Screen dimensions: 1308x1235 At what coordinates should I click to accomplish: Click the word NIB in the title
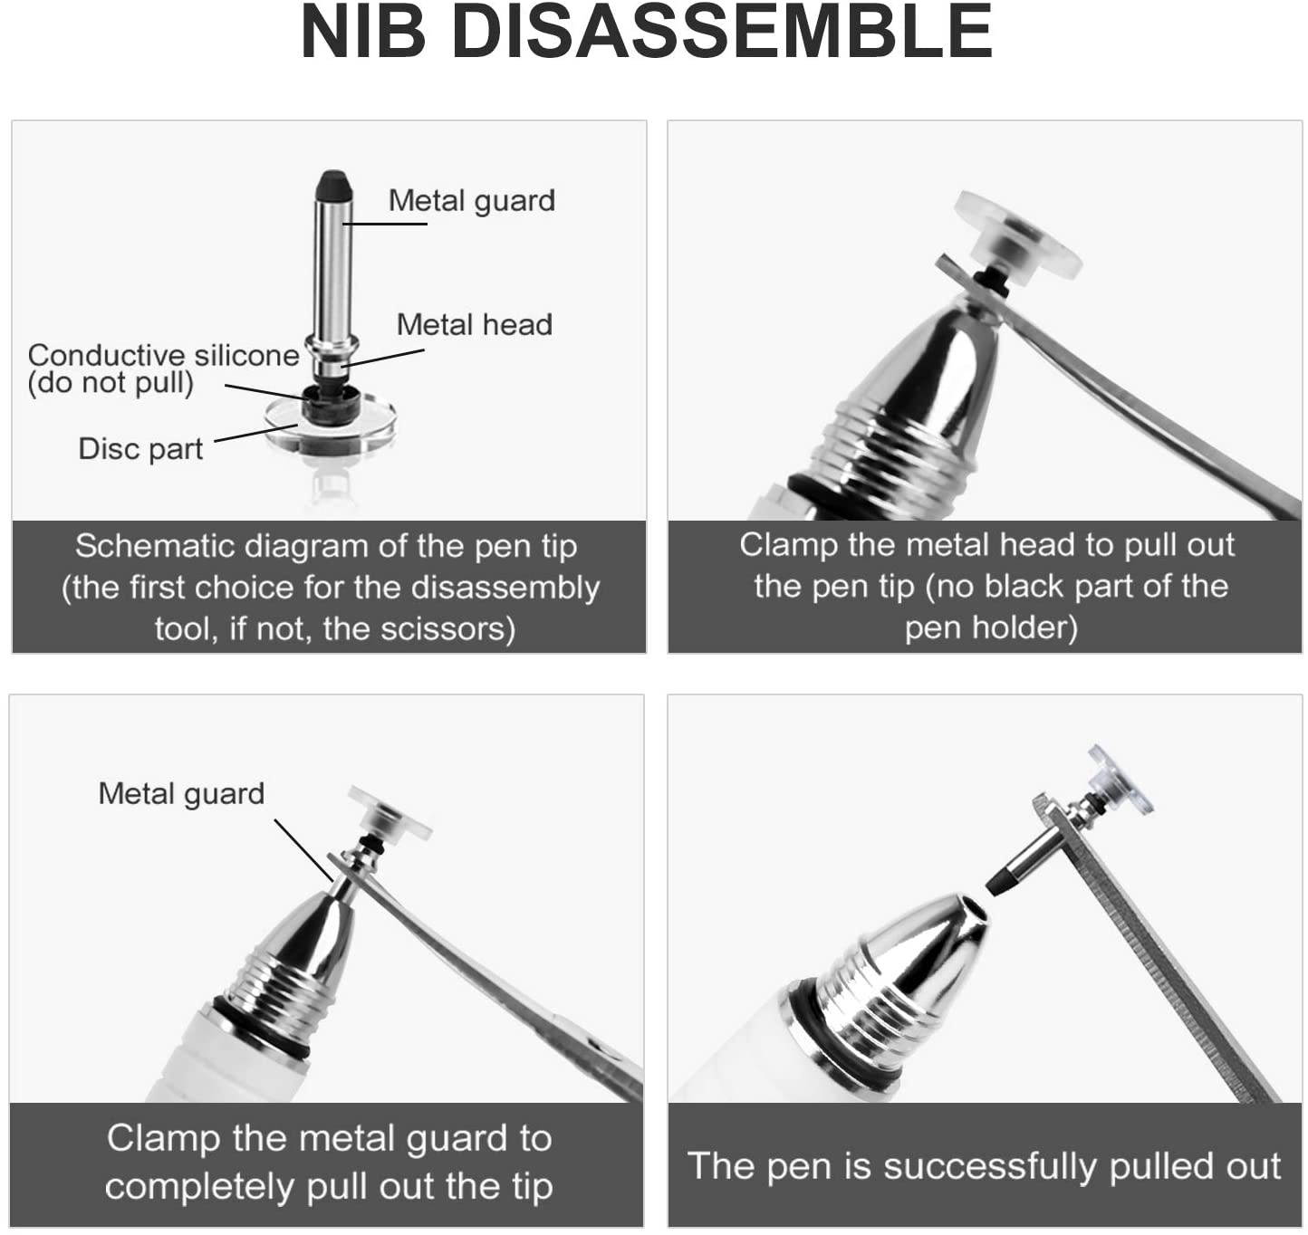click(x=363, y=32)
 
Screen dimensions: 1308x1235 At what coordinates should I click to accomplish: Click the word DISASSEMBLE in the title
click(x=723, y=32)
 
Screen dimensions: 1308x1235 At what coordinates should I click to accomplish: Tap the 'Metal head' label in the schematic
click(x=475, y=324)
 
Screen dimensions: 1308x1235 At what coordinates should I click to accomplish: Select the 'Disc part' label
click(x=141, y=449)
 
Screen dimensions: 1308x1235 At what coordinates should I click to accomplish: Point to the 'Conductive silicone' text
click(x=163, y=356)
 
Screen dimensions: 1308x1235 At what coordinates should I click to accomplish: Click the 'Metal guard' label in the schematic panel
click(x=472, y=201)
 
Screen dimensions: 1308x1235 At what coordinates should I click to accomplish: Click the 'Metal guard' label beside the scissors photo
click(x=181, y=793)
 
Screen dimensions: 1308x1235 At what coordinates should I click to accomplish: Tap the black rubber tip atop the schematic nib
click(x=334, y=187)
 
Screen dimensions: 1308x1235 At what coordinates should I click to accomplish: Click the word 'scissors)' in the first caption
click(x=447, y=628)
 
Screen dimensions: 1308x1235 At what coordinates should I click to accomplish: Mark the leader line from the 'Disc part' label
click(x=256, y=433)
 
